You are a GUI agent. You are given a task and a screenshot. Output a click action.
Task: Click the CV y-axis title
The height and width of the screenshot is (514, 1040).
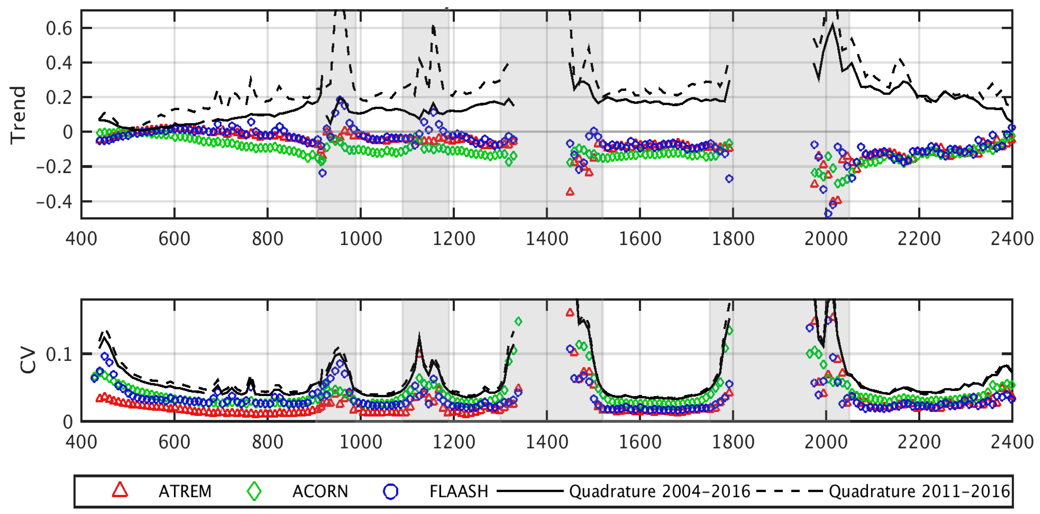point(28,360)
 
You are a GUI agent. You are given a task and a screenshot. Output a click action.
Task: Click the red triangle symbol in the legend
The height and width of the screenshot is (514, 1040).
point(120,490)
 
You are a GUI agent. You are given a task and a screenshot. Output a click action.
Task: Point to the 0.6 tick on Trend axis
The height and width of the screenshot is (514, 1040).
point(59,29)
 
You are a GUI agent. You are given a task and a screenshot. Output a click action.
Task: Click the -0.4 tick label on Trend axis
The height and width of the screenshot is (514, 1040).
point(55,201)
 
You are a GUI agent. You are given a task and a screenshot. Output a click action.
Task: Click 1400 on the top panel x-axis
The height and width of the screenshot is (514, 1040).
point(547,239)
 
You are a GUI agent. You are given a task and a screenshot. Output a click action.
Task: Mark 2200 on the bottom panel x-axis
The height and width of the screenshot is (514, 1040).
point(919,442)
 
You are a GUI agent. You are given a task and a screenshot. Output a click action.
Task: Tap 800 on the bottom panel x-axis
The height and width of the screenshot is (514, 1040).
point(267,442)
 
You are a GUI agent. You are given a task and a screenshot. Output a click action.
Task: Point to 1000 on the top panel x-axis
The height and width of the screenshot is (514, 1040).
point(361,239)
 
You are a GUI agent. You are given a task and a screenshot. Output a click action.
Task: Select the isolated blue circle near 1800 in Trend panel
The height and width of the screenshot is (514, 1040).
point(729,179)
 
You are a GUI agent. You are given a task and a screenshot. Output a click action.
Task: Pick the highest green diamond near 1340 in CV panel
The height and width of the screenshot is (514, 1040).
point(518,322)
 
